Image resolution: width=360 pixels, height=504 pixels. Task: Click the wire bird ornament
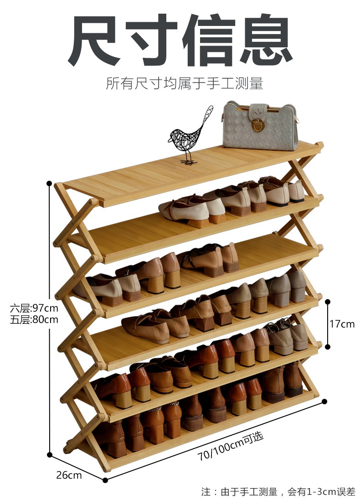(189, 134)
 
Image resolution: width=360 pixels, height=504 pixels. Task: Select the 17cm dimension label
(342, 324)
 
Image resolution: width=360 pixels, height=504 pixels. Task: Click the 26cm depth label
(69, 475)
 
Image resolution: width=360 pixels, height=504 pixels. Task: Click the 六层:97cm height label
(34, 309)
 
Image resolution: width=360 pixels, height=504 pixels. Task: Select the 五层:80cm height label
(34, 320)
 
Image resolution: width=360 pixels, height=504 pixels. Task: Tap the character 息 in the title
(264, 41)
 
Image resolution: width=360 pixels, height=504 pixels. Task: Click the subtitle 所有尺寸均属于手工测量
(185, 84)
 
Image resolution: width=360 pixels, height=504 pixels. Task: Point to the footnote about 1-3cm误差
(278, 492)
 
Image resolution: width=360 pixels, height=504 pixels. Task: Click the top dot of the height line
(49, 183)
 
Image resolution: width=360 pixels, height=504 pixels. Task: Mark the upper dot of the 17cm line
(327, 301)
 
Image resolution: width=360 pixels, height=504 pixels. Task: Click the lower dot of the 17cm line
(327, 346)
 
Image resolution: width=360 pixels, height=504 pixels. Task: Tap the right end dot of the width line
(324, 401)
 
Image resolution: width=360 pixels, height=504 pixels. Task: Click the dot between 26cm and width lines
(105, 480)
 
